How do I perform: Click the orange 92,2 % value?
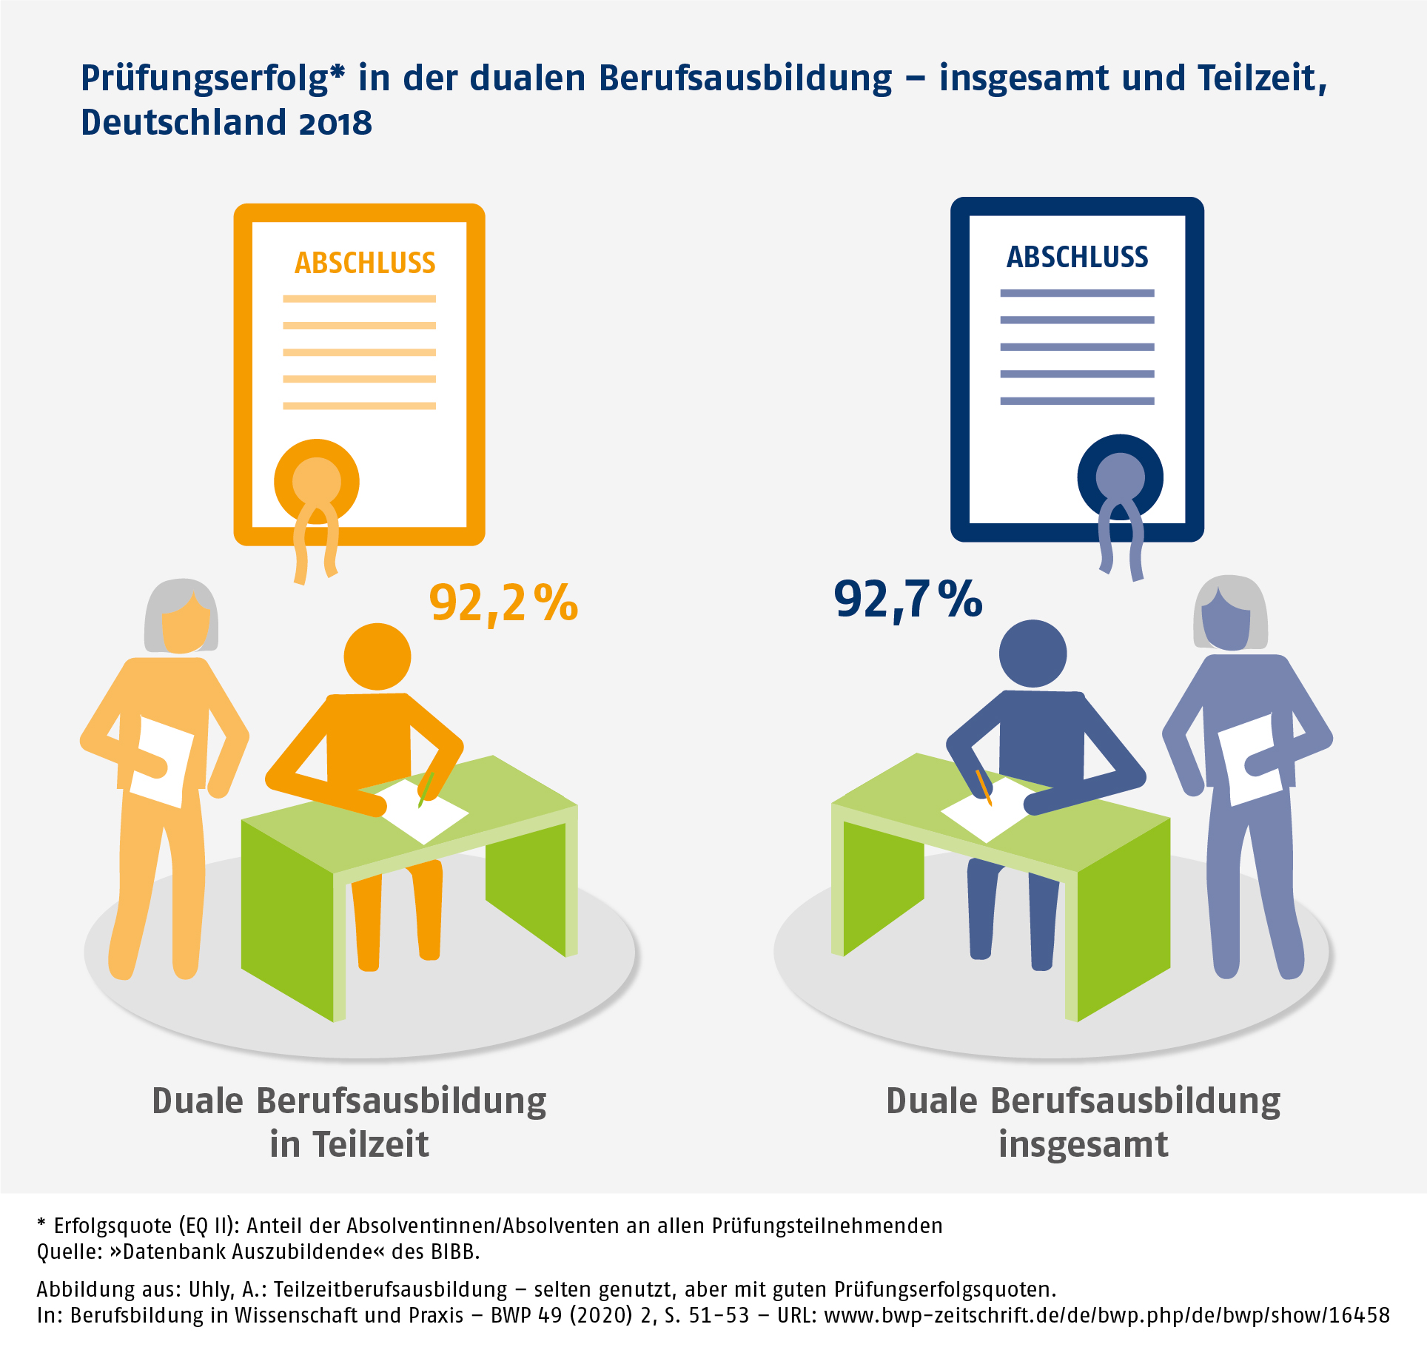(x=503, y=603)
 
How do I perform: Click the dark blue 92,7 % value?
(x=907, y=599)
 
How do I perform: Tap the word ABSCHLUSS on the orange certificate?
(x=365, y=263)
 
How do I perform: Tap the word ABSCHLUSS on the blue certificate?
(x=1077, y=258)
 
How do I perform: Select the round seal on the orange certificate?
(x=317, y=482)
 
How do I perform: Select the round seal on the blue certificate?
(x=1120, y=477)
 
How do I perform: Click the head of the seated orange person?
(x=377, y=656)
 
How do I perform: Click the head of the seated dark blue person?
(x=1033, y=654)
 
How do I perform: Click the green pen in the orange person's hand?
(x=426, y=788)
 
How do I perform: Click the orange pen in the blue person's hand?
(x=984, y=787)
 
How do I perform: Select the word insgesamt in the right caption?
(x=1083, y=1144)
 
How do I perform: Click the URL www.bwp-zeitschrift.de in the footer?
(x=1107, y=1315)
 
